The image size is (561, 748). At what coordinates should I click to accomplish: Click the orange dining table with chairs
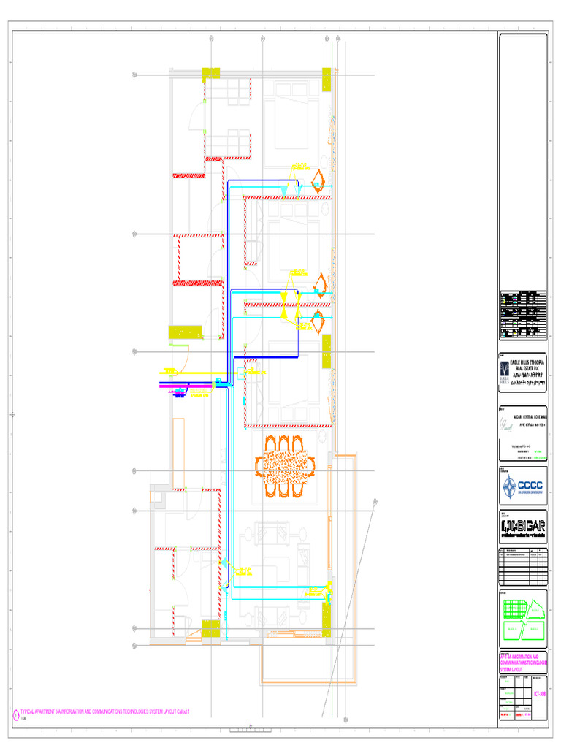point(285,466)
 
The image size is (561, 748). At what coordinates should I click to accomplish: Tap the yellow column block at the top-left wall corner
point(210,72)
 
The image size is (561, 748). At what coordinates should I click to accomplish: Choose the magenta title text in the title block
point(522,663)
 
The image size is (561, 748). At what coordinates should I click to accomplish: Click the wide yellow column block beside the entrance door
point(186,333)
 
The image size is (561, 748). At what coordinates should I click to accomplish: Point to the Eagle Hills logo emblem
point(505,370)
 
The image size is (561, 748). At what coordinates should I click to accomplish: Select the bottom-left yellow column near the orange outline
point(210,629)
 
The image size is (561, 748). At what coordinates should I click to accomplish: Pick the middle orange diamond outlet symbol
point(318,283)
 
